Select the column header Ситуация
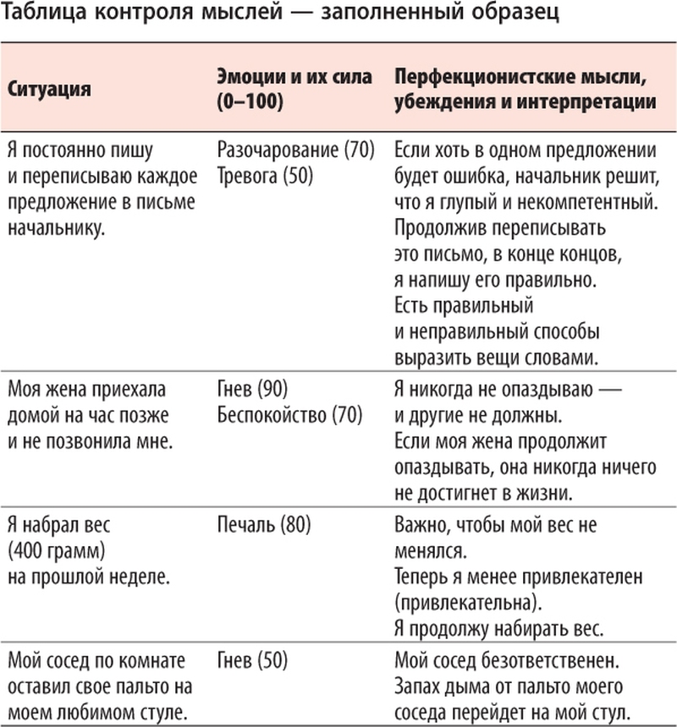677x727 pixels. [x=48, y=89]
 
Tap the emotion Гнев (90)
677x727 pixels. [x=252, y=390]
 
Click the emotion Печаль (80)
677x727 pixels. [x=263, y=525]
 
